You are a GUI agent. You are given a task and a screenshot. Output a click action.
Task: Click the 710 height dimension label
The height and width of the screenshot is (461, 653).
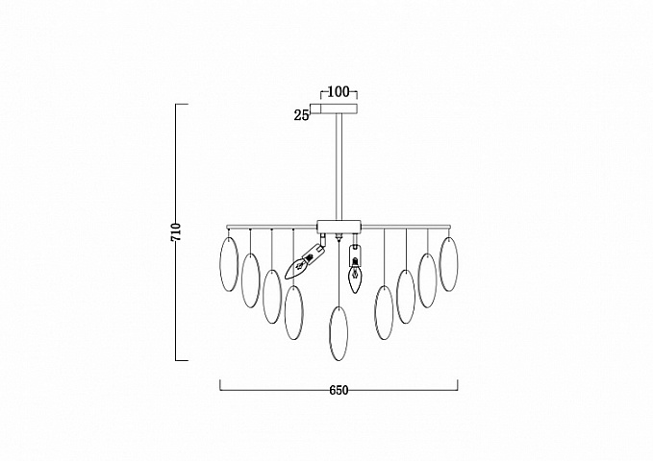pos(177,232)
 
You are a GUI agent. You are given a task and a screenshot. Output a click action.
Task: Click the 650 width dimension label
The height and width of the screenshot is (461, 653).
pos(339,390)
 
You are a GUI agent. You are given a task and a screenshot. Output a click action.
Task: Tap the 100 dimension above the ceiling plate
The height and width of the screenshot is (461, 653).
pos(339,92)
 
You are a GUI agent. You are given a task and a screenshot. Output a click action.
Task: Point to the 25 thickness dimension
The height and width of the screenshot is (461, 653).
pos(302,115)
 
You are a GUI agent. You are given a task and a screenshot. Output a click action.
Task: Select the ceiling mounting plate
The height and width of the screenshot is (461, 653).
pos(339,109)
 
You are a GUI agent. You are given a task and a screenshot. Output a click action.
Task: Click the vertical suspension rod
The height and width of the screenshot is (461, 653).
pos(339,167)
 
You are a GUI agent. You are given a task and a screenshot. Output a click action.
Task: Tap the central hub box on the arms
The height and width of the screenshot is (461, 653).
pos(339,227)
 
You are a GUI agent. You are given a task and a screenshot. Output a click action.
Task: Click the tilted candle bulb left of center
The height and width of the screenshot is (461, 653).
pos(305,259)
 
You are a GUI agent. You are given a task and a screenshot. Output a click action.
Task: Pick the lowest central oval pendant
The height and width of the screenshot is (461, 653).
pos(339,333)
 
